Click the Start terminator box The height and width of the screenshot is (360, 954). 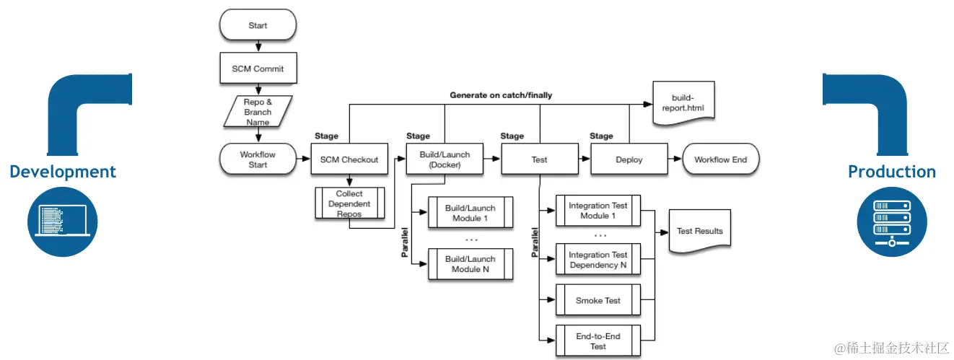258,25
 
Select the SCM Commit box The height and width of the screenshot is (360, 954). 258,69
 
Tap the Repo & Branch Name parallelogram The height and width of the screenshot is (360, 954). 258,112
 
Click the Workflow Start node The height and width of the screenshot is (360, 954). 258,159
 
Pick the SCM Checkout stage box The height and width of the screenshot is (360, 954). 349,159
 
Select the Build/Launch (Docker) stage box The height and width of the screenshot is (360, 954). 445,159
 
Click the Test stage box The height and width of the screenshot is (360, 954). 539,159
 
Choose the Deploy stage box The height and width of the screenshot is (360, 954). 629,159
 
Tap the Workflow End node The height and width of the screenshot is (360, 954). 720,159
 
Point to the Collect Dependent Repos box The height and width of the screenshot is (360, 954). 349,203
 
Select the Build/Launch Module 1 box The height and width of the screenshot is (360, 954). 471,213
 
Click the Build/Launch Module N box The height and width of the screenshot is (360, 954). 471,264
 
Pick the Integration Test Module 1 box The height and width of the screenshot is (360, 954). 598,211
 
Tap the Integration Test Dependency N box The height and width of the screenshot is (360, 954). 598,260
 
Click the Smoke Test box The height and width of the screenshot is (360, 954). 598,300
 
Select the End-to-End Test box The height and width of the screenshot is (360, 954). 598,341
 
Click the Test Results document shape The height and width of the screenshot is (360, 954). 699,231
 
